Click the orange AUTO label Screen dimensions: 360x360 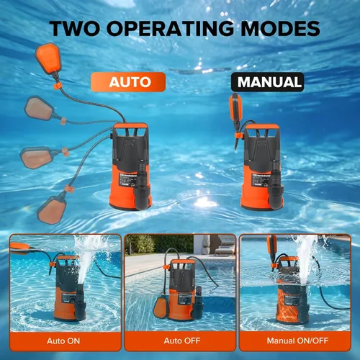click(130, 81)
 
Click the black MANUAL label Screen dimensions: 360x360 click(266, 81)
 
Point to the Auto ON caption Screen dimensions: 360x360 click(64, 338)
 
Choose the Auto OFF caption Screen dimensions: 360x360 click(179, 338)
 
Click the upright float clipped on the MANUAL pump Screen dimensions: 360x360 click(236, 109)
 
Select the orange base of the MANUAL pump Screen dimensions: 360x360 click(256, 191)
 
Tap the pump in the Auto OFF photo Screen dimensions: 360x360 click(176, 288)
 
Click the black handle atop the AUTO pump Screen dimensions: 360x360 click(130, 131)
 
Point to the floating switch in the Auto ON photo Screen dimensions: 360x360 click(22, 248)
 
